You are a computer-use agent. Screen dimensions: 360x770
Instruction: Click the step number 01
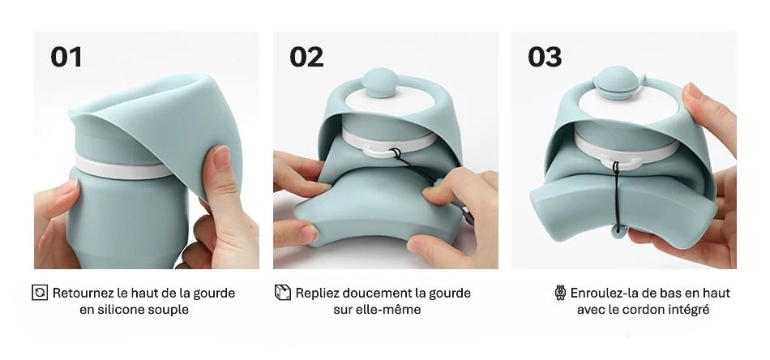[x=66, y=57]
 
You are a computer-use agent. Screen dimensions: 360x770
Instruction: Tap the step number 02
[x=306, y=57]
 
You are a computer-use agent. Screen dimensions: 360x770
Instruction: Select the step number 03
[x=545, y=57]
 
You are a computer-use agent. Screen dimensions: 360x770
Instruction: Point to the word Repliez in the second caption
[x=319, y=293]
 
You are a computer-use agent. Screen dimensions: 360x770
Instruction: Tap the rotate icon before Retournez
[x=40, y=293]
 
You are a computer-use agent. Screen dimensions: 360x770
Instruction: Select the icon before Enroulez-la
[x=560, y=293]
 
